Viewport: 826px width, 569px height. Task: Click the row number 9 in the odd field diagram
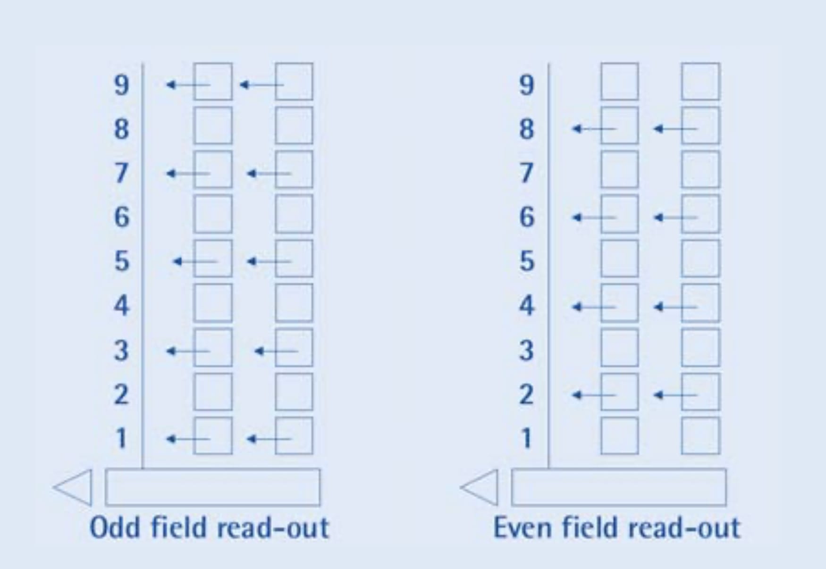[x=121, y=85]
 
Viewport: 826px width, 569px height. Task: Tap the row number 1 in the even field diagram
[x=527, y=438]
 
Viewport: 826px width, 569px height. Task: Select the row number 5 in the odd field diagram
[x=121, y=261]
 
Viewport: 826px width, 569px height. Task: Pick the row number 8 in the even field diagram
[x=527, y=129]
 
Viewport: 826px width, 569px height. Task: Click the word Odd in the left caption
[x=114, y=527]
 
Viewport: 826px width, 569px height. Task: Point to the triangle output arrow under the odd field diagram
[x=74, y=487]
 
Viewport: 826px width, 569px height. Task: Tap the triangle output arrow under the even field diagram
[x=480, y=487]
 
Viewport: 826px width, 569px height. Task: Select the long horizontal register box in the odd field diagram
[x=212, y=487]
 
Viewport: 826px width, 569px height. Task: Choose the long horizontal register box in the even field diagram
[x=619, y=487]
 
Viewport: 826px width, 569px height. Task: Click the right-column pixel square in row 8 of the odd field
[x=294, y=126]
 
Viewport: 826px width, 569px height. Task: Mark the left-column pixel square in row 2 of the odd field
[x=213, y=392]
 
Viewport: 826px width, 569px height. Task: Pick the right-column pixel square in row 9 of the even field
[x=700, y=82]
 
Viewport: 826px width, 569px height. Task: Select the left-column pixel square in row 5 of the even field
[x=619, y=259]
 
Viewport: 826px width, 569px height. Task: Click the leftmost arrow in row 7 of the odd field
[x=188, y=174]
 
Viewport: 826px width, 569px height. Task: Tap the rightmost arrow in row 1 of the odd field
[x=269, y=439]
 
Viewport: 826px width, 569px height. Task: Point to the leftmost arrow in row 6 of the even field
[x=594, y=218]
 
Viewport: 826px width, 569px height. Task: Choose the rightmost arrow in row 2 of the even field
[x=675, y=395]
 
